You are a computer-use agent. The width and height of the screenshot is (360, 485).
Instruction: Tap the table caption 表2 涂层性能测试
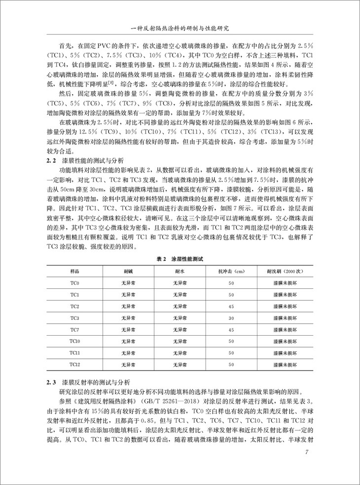tap(180, 259)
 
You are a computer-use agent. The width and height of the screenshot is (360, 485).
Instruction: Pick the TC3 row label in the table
tap(74, 318)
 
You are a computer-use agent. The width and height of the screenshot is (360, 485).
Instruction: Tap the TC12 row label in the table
tap(74, 364)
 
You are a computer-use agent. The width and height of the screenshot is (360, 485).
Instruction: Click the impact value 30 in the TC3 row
tap(231, 318)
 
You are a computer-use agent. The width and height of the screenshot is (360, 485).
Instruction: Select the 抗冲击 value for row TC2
tap(231, 307)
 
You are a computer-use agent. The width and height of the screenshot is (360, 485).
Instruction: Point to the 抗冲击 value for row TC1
tap(231, 295)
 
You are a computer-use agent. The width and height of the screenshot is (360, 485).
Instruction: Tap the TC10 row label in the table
tap(74, 341)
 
